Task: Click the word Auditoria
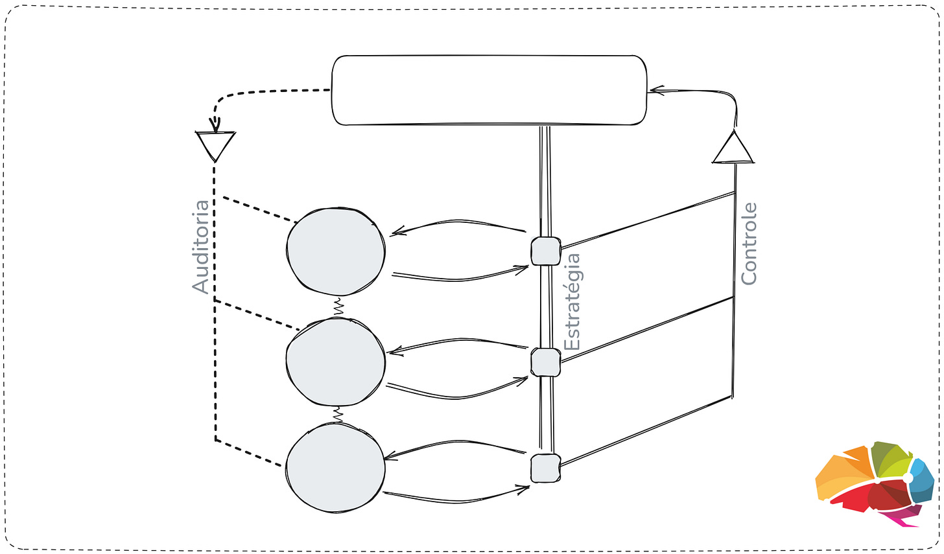point(202,247)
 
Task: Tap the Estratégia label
point(572,302)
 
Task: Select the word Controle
point(749,244)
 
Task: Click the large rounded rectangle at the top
point(489,91)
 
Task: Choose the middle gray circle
point(336,361)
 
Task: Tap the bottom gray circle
point(336,468)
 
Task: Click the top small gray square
point(545,251)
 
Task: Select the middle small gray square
point(545,362)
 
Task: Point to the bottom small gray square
point(545,468)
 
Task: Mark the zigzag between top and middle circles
point(338,306)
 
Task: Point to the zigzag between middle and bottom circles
point(337,413)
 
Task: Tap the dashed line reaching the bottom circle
point(253,454)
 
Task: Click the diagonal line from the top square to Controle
point(648,220)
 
